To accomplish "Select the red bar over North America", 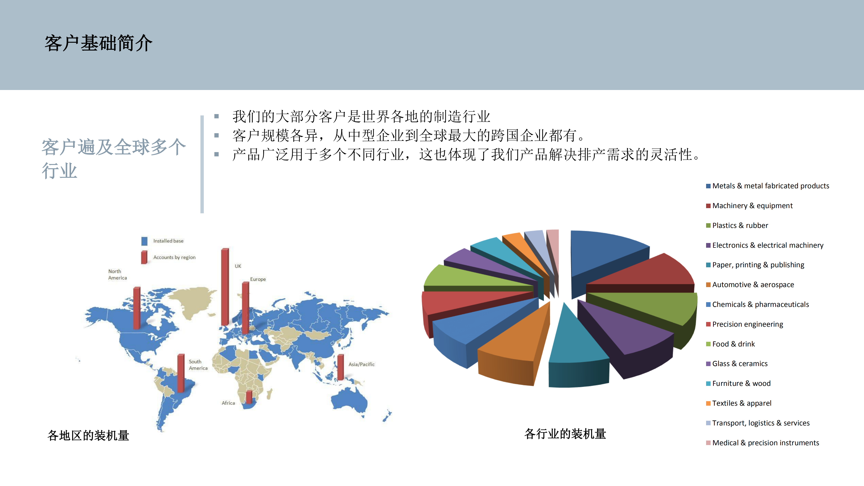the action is click(x=137, y=308).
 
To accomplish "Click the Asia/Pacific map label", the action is click(x=361, y=364).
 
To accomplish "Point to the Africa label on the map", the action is click(x=228, y=403).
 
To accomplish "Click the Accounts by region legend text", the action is click(x=174, y=257).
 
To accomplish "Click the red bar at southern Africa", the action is click(x=249, y=397).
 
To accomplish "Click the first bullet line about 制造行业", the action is click(x=361, y=116).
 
